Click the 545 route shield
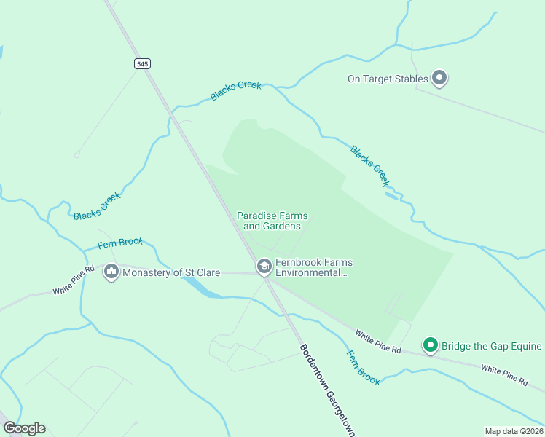click(x=142, y=64)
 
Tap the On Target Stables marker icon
click(x=439, y=77)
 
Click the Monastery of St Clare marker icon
click(x=111, y=272)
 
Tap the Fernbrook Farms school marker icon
click(x=264, y=267)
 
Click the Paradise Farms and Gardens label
click(x=272, y=221)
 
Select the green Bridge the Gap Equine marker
click(x=431, y=345)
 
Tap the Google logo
click(x=24, y=428)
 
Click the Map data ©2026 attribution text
click(x=514, y=430)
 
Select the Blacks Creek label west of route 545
click(x=97, y=207)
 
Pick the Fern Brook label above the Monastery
click(x=121, y=243)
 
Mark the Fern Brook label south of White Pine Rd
click(x=362, y=368)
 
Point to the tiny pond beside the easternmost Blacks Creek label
click(x=391, y=194)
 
